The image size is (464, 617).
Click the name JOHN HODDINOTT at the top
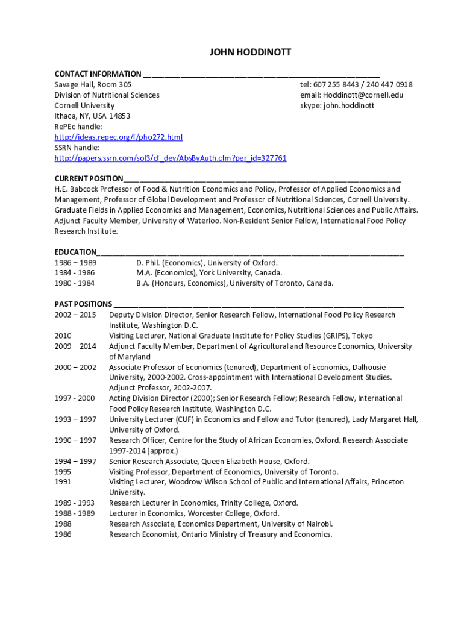tap(250, 52)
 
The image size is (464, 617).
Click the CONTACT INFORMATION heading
tap(98, 74)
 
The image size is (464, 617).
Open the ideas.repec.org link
tap(118, 137)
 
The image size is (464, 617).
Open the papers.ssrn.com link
tap(171, 158)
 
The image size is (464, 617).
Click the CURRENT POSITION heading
tap(89, 179)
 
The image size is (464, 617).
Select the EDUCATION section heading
tap(75, 252)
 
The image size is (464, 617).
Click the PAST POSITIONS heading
tap(83, 304)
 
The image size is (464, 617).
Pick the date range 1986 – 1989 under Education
tap(75, 263)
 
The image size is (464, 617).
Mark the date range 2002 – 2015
tap(75, 315)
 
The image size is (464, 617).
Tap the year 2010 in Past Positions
tap(63, 336)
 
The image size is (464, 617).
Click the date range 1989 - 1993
tap(75, 503)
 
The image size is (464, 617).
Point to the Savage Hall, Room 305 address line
tap(93, 84)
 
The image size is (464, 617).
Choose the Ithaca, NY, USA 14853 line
tap(92, 116)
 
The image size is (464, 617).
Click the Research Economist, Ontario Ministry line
tap(220, 534)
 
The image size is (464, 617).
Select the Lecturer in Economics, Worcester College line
tap(194, 513)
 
